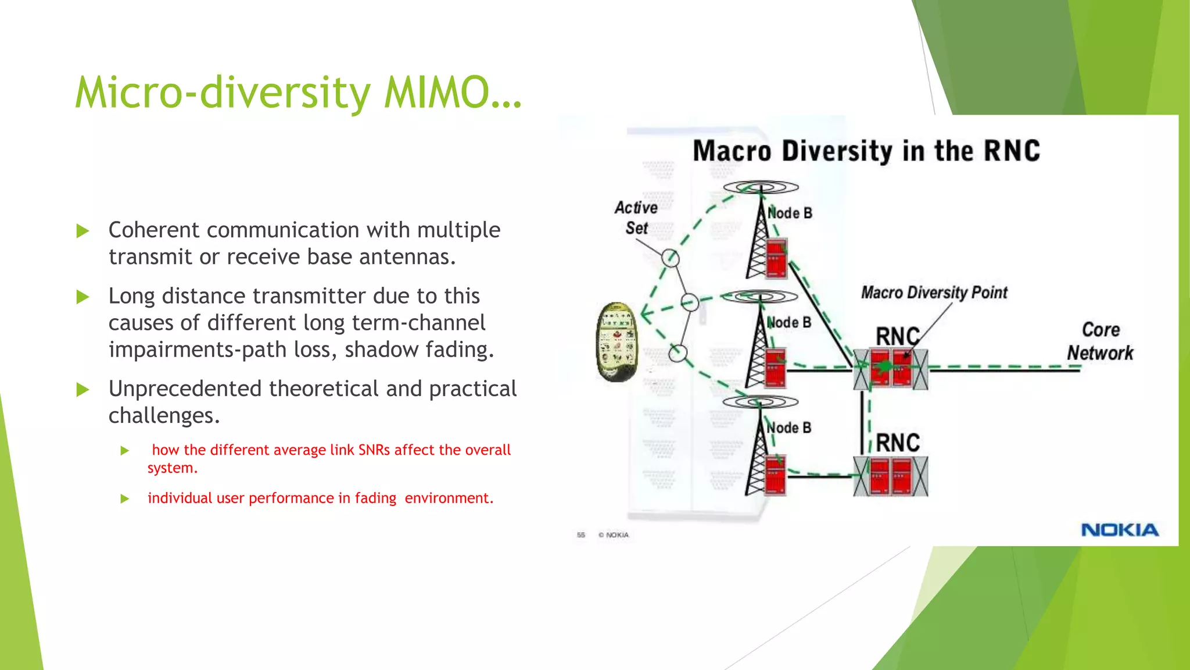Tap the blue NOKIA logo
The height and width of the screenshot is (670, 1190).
(1120, 530)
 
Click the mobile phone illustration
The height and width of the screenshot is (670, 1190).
(617, 341)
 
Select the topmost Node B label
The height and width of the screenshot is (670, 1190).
(789, 213)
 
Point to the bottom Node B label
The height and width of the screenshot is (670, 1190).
(788, 428)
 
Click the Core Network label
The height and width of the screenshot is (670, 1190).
(1100, 341)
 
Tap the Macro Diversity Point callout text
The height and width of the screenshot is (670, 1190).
(934, 293)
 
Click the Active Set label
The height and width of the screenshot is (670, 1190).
(636, 218)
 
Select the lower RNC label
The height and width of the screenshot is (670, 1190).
(898, 443)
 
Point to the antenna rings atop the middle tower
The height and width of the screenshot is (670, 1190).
(760, 297)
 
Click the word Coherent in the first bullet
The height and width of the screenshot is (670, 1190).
(154, 230)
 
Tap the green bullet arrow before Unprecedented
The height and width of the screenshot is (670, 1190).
(83, 390)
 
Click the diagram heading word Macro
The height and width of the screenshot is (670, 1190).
(732, 151)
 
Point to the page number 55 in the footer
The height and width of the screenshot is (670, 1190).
(580, 535)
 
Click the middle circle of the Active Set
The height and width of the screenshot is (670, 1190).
(690, 302)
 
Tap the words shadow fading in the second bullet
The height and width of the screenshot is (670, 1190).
(418, 350)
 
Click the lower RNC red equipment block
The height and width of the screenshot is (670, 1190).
(891, 476)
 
